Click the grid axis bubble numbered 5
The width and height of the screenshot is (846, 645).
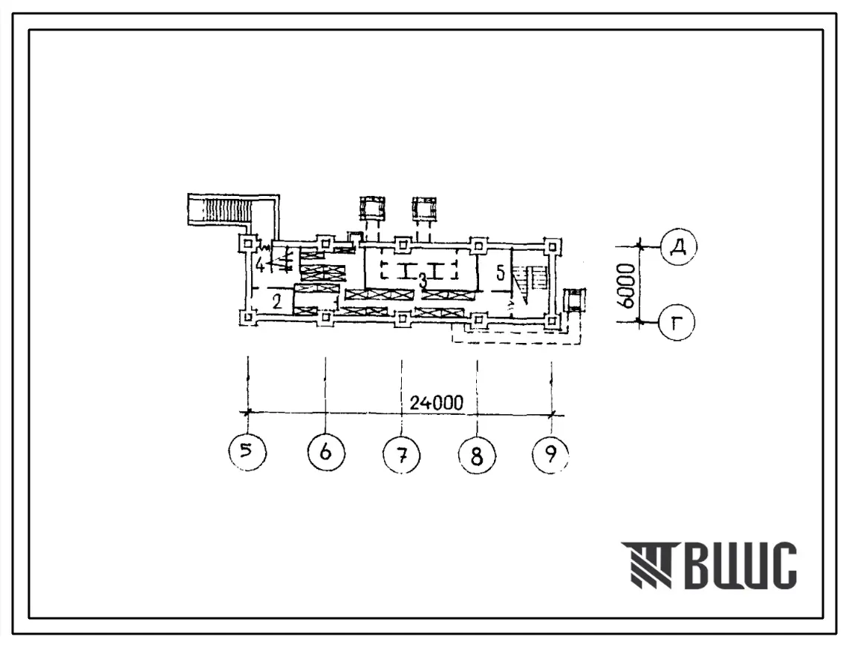point(247,452)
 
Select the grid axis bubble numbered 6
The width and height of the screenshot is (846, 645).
point(325,452)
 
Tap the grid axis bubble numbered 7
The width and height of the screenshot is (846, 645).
point(401,454)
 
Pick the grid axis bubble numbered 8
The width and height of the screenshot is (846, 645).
point(477,456)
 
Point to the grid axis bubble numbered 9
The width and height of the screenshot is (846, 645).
point(551,454)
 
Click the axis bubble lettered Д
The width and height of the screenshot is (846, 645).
point(678,246)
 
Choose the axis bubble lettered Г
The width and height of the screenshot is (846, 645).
point(677,322)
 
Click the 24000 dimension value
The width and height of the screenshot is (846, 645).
point(436,402)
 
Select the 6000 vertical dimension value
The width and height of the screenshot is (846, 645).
point(626,285)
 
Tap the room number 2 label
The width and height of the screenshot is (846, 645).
point(277,301)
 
